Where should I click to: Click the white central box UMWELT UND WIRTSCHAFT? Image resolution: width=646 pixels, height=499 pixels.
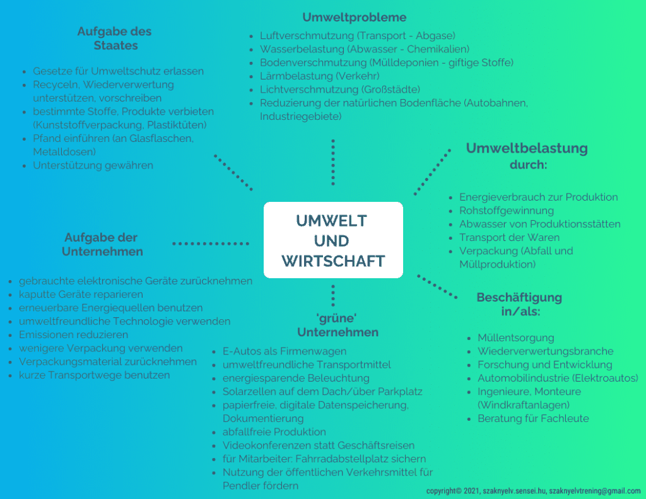pos(333,240)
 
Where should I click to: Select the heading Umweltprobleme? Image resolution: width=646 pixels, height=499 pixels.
pos(355,17)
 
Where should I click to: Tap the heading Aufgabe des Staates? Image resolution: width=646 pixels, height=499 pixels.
pos(115,38)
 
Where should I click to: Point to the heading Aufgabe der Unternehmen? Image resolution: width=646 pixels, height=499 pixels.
pos(102,244)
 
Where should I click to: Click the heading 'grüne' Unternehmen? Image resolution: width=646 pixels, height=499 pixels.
pos(338,325)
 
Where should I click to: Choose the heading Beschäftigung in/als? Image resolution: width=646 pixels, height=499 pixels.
pos(520,304)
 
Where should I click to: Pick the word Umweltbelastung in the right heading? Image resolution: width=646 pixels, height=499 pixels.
pos(527,148)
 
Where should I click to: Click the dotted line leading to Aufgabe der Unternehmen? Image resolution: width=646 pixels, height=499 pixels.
pos(211,244)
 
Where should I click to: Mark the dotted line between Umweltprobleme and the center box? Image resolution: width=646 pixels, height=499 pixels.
pos(333,162)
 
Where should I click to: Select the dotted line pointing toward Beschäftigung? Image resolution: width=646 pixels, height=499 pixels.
pos(437,286)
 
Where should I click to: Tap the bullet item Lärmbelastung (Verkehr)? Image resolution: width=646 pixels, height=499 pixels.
pos(320,76)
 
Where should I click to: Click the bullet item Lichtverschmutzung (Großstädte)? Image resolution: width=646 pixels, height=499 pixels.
pos(340,90)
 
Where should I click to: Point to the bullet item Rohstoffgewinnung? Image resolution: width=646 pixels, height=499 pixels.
pos(507,211)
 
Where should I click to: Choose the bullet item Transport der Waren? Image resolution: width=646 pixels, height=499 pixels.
pos(509,237)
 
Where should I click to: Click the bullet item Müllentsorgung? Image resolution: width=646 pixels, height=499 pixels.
pos(516,338)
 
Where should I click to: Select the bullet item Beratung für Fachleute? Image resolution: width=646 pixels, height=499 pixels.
pos(533,419)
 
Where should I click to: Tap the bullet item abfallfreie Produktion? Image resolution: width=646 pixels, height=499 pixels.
pos(274,432)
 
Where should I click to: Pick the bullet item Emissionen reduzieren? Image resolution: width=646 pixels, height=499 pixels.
pos(73,334)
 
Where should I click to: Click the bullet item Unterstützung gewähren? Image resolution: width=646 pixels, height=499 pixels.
pos(93,165)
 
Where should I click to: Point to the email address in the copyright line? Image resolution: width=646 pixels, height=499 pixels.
pos(594,491)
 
